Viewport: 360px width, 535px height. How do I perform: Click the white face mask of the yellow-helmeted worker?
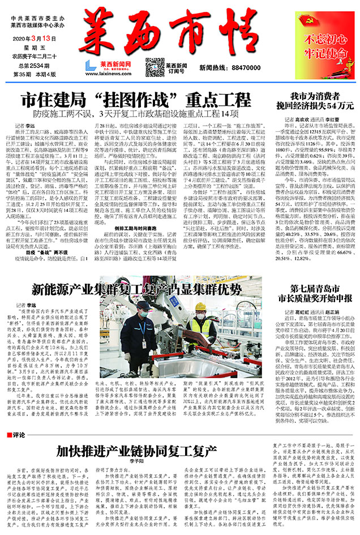pyautogui.click(x=201, y=317)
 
